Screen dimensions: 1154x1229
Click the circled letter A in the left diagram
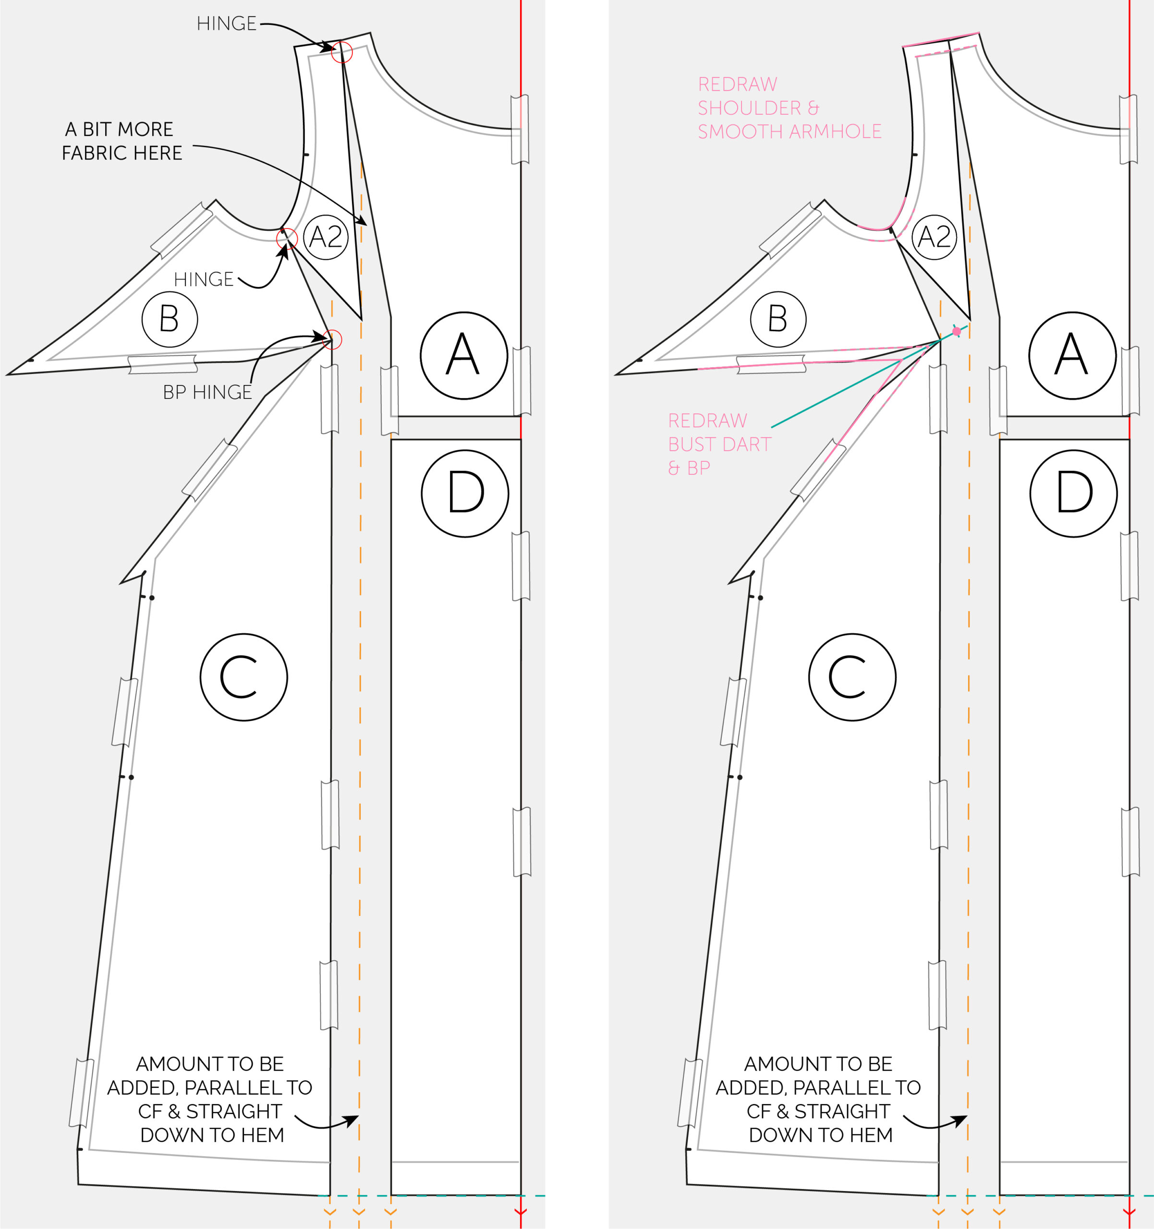464,355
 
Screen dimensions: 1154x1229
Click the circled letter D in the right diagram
1074,494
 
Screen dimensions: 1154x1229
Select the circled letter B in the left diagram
170,319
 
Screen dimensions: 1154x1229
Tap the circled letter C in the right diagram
852,677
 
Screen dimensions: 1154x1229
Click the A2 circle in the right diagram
935,237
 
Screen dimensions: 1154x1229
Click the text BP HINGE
207,392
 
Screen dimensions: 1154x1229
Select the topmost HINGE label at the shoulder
226,24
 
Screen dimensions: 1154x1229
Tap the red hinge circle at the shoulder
341,52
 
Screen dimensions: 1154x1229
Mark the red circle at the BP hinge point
332,339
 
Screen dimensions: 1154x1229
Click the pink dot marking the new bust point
957,331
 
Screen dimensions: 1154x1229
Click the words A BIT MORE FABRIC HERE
122,141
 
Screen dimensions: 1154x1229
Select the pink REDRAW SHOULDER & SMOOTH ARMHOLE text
790,108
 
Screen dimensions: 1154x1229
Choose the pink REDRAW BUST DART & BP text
720,445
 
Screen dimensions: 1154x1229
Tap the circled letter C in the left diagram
243,677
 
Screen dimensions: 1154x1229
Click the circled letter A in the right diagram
1072,355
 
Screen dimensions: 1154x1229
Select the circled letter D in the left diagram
465,494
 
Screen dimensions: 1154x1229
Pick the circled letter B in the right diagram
778,319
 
